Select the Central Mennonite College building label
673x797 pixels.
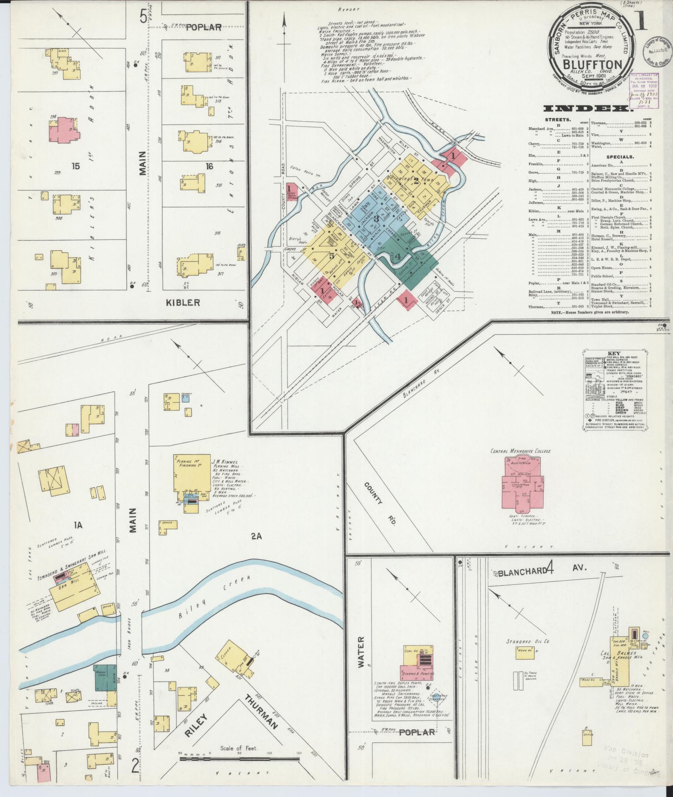click(520, 451)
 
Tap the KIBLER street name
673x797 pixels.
click(183, 303)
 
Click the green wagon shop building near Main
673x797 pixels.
click(105, 677)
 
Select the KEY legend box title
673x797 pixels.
click(612, 354)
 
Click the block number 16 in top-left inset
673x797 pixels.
click(210, 166)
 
